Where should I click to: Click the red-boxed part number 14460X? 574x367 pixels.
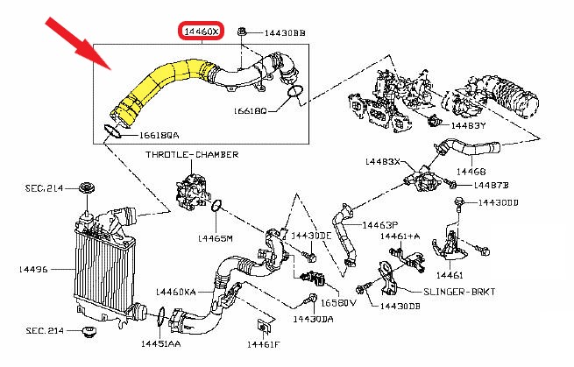tap(202, 32)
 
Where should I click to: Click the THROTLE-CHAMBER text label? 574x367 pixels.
tap(192, 155)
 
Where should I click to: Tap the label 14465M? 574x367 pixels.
tap(214, 237)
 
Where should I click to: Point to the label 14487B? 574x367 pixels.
tap(491, 186)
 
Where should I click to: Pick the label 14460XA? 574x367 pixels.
tap(176, 291)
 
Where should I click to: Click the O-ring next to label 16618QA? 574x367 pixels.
tap(111, 131)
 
